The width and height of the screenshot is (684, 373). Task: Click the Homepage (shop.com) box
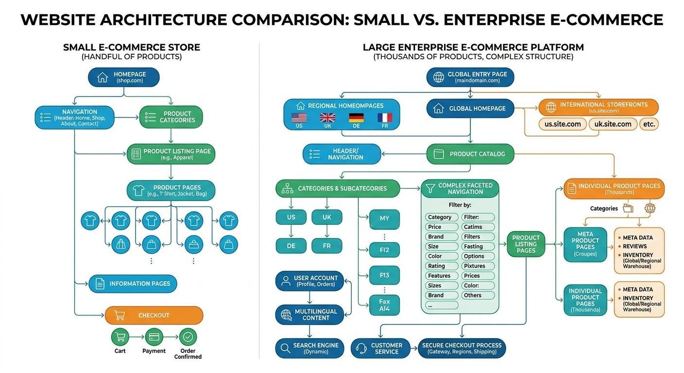123,77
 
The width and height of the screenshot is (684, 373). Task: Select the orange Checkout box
154,315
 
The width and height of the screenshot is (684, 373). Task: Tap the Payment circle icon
154,337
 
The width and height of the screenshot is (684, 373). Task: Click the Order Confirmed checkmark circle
188,337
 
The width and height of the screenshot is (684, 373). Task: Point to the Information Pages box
133,284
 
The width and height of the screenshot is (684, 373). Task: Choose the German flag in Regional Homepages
356,118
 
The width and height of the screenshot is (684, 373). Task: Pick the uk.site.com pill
613,124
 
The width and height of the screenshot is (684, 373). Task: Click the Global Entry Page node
470,77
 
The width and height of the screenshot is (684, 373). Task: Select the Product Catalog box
470,154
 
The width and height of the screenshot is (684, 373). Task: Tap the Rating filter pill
442,266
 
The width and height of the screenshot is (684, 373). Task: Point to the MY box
384,219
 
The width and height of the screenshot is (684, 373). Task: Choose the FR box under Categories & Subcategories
326,246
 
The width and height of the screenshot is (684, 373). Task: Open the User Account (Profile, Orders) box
309,281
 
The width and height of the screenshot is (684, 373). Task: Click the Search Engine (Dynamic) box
309,348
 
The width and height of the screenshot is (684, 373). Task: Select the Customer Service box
380,348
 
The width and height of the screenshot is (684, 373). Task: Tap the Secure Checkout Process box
462,348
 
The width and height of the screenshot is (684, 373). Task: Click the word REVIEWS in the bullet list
634,246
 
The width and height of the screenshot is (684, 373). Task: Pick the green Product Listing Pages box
526,244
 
